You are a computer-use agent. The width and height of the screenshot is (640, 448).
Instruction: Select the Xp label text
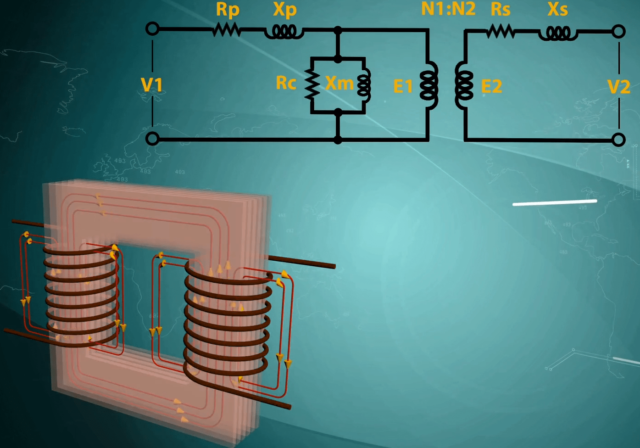[x=285, y=10]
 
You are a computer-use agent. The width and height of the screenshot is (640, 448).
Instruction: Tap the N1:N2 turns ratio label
[x=448, y=9]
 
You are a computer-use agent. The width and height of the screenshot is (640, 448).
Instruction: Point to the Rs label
[x=500, y=9]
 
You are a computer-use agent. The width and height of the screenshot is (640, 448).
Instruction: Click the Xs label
[x=557, y=9]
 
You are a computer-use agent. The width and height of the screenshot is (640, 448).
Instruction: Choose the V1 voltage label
[x=152, y=85]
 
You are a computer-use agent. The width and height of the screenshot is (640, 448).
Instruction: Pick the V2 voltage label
[x=618, y=86]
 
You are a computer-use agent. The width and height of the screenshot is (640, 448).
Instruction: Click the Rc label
[x=286, y=83]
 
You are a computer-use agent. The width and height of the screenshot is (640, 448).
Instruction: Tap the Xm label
[x=339, y=83]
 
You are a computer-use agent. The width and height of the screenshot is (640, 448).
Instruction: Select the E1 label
[x=403, y=86]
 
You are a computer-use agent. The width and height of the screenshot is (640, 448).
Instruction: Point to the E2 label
[x=491, y=86]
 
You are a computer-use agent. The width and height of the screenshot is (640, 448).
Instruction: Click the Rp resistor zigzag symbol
[x=227, y=30]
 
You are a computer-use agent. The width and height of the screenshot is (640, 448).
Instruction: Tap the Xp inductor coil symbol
[x=284, y=32]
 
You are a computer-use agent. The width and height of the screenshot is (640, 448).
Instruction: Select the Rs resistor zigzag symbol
[x=501, y=32]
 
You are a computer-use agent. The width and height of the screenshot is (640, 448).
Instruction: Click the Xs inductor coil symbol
[x=558, y=33]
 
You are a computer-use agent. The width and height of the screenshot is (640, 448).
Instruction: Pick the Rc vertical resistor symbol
[x=312, y=84]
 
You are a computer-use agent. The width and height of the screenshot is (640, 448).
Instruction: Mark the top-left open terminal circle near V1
[x=152, y=29]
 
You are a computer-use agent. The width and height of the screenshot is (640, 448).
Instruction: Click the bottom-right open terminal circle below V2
[x=618, y=140]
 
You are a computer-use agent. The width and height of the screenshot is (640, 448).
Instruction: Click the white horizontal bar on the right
[x=554, y=202]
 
